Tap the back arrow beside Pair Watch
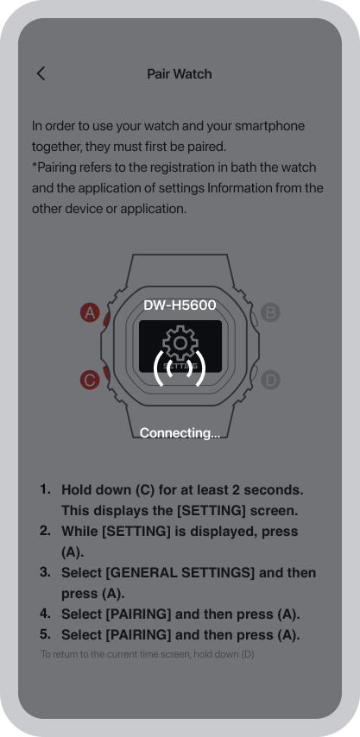pyautogui.click(x=41, y=73)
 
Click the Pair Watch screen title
pyautogui.click(x=180, y=74)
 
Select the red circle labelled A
pyautogui.click(x=90, y=312)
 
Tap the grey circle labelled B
pyautogui.click(x=270, y=312)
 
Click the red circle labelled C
pyautogui.click(x=90, y=380)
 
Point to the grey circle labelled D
pyautogui.click(x=270, y=380)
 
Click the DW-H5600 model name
pyautogui.click(x=180, y=305)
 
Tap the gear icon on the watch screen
pyautogui.click(x=180, y=343)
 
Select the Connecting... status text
pyautogui.click(x=180, y=432)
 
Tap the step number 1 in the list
pyautogui.click(x=45, y=489)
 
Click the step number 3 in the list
pyautogui.click(x=45, y=572)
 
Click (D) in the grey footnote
pyautogui.click(x=248, y=654)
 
